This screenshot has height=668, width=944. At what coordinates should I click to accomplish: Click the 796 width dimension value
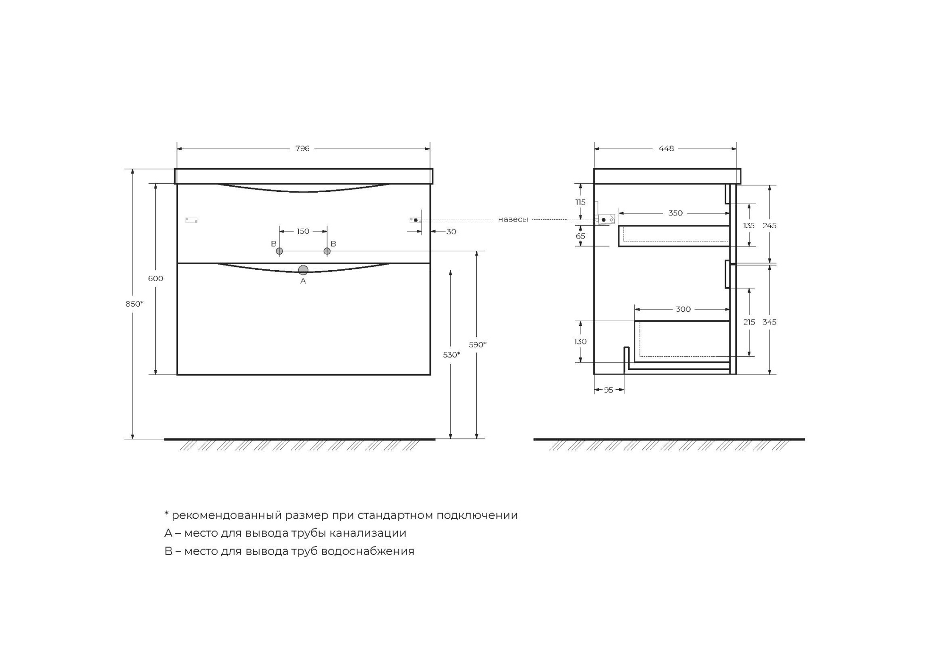point(302,149)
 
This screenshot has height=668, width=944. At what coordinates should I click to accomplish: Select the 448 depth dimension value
point(666,149)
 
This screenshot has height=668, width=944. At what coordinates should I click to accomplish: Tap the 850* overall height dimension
point(134,304)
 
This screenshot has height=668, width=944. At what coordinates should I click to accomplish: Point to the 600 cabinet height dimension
point(156,279)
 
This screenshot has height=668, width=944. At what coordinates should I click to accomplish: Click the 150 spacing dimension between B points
point(303,231)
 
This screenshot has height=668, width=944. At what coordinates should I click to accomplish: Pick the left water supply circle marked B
point(279,251)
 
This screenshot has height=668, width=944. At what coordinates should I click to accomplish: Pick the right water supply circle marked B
point(327,251)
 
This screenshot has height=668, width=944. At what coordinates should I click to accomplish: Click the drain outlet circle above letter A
point(303,270)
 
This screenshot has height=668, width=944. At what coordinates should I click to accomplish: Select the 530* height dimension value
point(451,355)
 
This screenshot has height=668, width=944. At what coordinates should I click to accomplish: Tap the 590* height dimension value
point(477,345)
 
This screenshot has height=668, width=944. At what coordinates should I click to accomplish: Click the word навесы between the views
point(513,220)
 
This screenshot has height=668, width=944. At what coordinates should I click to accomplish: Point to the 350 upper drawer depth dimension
point(675,214)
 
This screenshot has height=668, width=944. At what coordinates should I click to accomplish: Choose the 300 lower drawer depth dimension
point(683,309)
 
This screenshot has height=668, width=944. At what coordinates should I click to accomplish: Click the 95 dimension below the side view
point(608,390)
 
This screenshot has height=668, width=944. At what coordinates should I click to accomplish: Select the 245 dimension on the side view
point(769,226)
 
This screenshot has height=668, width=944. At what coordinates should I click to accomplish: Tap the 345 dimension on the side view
point(769,322)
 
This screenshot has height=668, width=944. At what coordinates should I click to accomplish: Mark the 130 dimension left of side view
point(580,342)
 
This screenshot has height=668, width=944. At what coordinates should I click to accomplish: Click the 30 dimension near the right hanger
point(451,232)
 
